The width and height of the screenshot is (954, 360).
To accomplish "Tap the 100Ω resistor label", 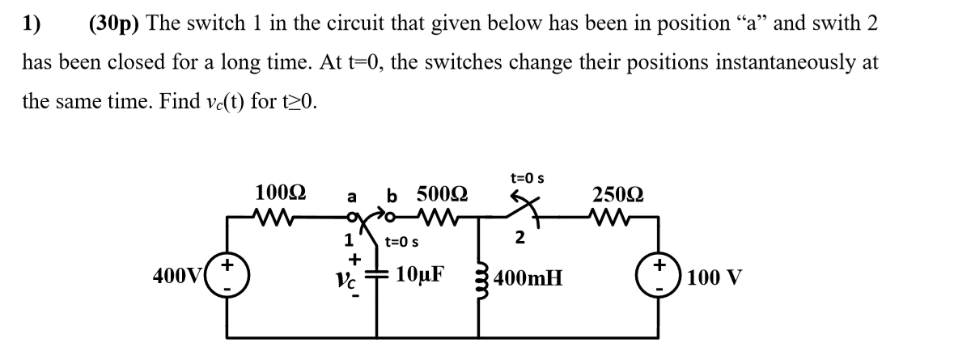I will [280, 193].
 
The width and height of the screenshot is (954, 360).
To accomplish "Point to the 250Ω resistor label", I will [618, 194].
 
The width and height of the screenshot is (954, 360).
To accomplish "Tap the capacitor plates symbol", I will [377, 275].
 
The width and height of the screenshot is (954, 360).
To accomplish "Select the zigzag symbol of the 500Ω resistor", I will [436, 216].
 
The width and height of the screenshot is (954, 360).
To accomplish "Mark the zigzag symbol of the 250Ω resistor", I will [613, 216].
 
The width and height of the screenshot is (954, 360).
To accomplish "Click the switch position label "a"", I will [351, 196].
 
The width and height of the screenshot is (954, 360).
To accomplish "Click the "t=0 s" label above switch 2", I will [527, 176].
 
